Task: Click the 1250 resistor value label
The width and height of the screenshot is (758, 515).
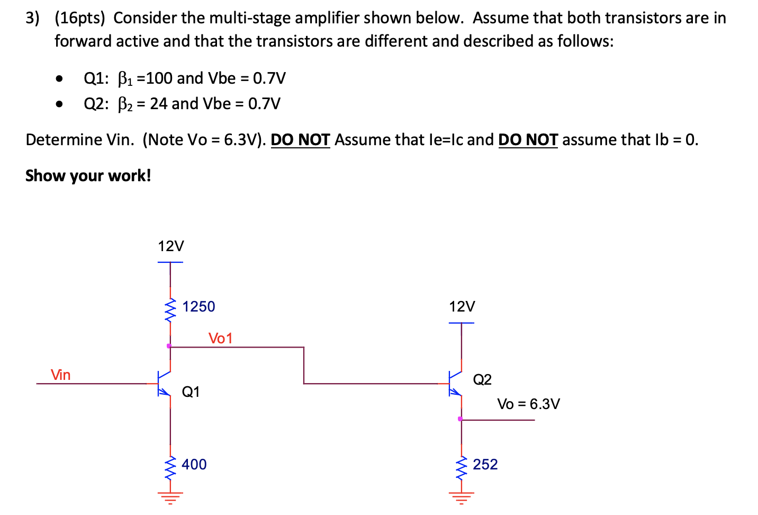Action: [198, 307]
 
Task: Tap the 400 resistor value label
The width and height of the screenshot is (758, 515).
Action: [194, 465]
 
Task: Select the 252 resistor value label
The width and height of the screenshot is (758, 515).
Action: [485, 465]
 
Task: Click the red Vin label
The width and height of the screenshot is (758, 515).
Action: [60, 375]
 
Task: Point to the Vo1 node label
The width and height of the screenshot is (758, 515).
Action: [220, 339]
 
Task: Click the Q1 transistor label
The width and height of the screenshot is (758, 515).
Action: [191, 392]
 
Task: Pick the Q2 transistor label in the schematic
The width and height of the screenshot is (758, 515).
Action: [482, 379]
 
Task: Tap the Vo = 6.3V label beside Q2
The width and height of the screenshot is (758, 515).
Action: [528, 404]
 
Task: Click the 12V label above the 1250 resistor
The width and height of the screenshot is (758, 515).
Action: [171, 246]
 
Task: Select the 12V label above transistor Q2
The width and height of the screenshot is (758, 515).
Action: [462, 307]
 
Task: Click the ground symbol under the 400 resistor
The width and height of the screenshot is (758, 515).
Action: [170, 498]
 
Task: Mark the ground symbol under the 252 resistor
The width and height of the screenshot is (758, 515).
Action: [461, 498]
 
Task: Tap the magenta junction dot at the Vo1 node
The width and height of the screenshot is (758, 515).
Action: [169, 346]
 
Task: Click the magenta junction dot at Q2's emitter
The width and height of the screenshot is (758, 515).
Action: [460, 419]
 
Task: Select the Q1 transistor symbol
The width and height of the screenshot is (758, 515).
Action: [165, 383]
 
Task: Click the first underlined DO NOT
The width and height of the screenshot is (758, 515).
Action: [300, 140]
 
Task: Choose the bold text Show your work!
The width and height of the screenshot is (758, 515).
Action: [88, 175]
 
